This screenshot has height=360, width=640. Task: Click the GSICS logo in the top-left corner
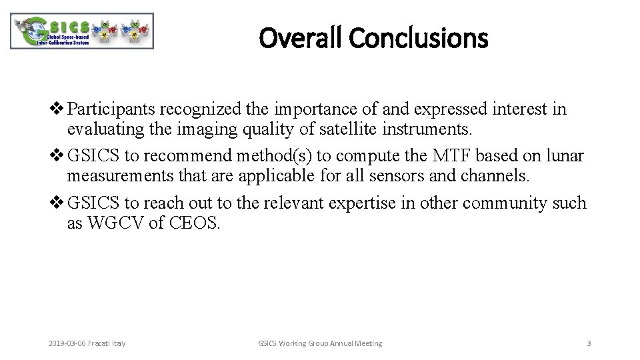pos(82,31)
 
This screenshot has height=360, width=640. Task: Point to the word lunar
pos(566,156)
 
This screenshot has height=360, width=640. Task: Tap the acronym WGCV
pos(113,221)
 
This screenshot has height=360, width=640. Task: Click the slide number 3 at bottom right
pos(588,343)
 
